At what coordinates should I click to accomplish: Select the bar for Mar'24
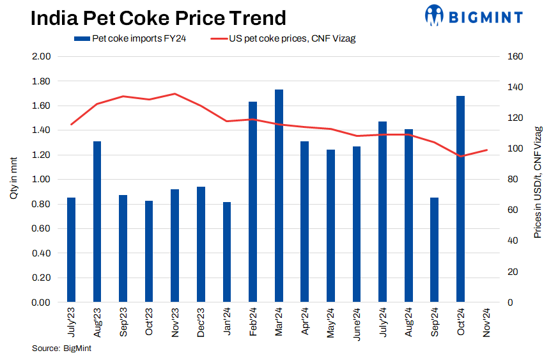279,196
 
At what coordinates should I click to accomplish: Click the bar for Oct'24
460,199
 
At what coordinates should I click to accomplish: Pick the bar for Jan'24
227,252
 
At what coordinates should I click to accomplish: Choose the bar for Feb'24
252,201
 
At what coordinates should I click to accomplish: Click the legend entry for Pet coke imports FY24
131,39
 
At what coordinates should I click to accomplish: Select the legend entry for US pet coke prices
284,39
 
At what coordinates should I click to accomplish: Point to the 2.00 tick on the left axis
41,56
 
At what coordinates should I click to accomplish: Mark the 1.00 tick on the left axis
41,180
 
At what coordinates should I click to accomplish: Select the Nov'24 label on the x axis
487,322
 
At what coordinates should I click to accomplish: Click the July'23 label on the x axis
71,322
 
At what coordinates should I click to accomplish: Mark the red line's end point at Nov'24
487,150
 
